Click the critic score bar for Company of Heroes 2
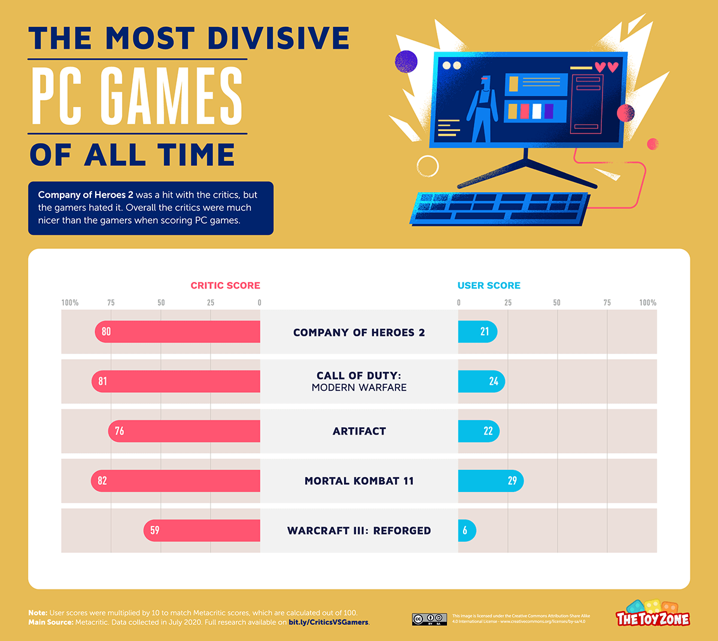pos(180,332)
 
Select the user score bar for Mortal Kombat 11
pos(491,481)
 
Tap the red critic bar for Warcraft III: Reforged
pos(203,530)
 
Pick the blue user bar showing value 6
pos(467,530)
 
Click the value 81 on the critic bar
pos(103,381)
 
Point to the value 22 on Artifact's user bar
pos(488,431)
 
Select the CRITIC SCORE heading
pos(225,285)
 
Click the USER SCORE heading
pos(489,285)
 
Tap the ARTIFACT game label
pos(359,431)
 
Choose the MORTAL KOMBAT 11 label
pos(359,481)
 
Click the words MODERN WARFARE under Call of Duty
pos(359,388)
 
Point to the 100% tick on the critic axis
pos(70,303)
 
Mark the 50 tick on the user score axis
pos(556,303)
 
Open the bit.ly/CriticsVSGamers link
pos(328,622)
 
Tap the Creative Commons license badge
pos(429,619)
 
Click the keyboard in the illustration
pos(499,208)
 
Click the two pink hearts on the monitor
pos(606,67)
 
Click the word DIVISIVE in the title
pos(278,38)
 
